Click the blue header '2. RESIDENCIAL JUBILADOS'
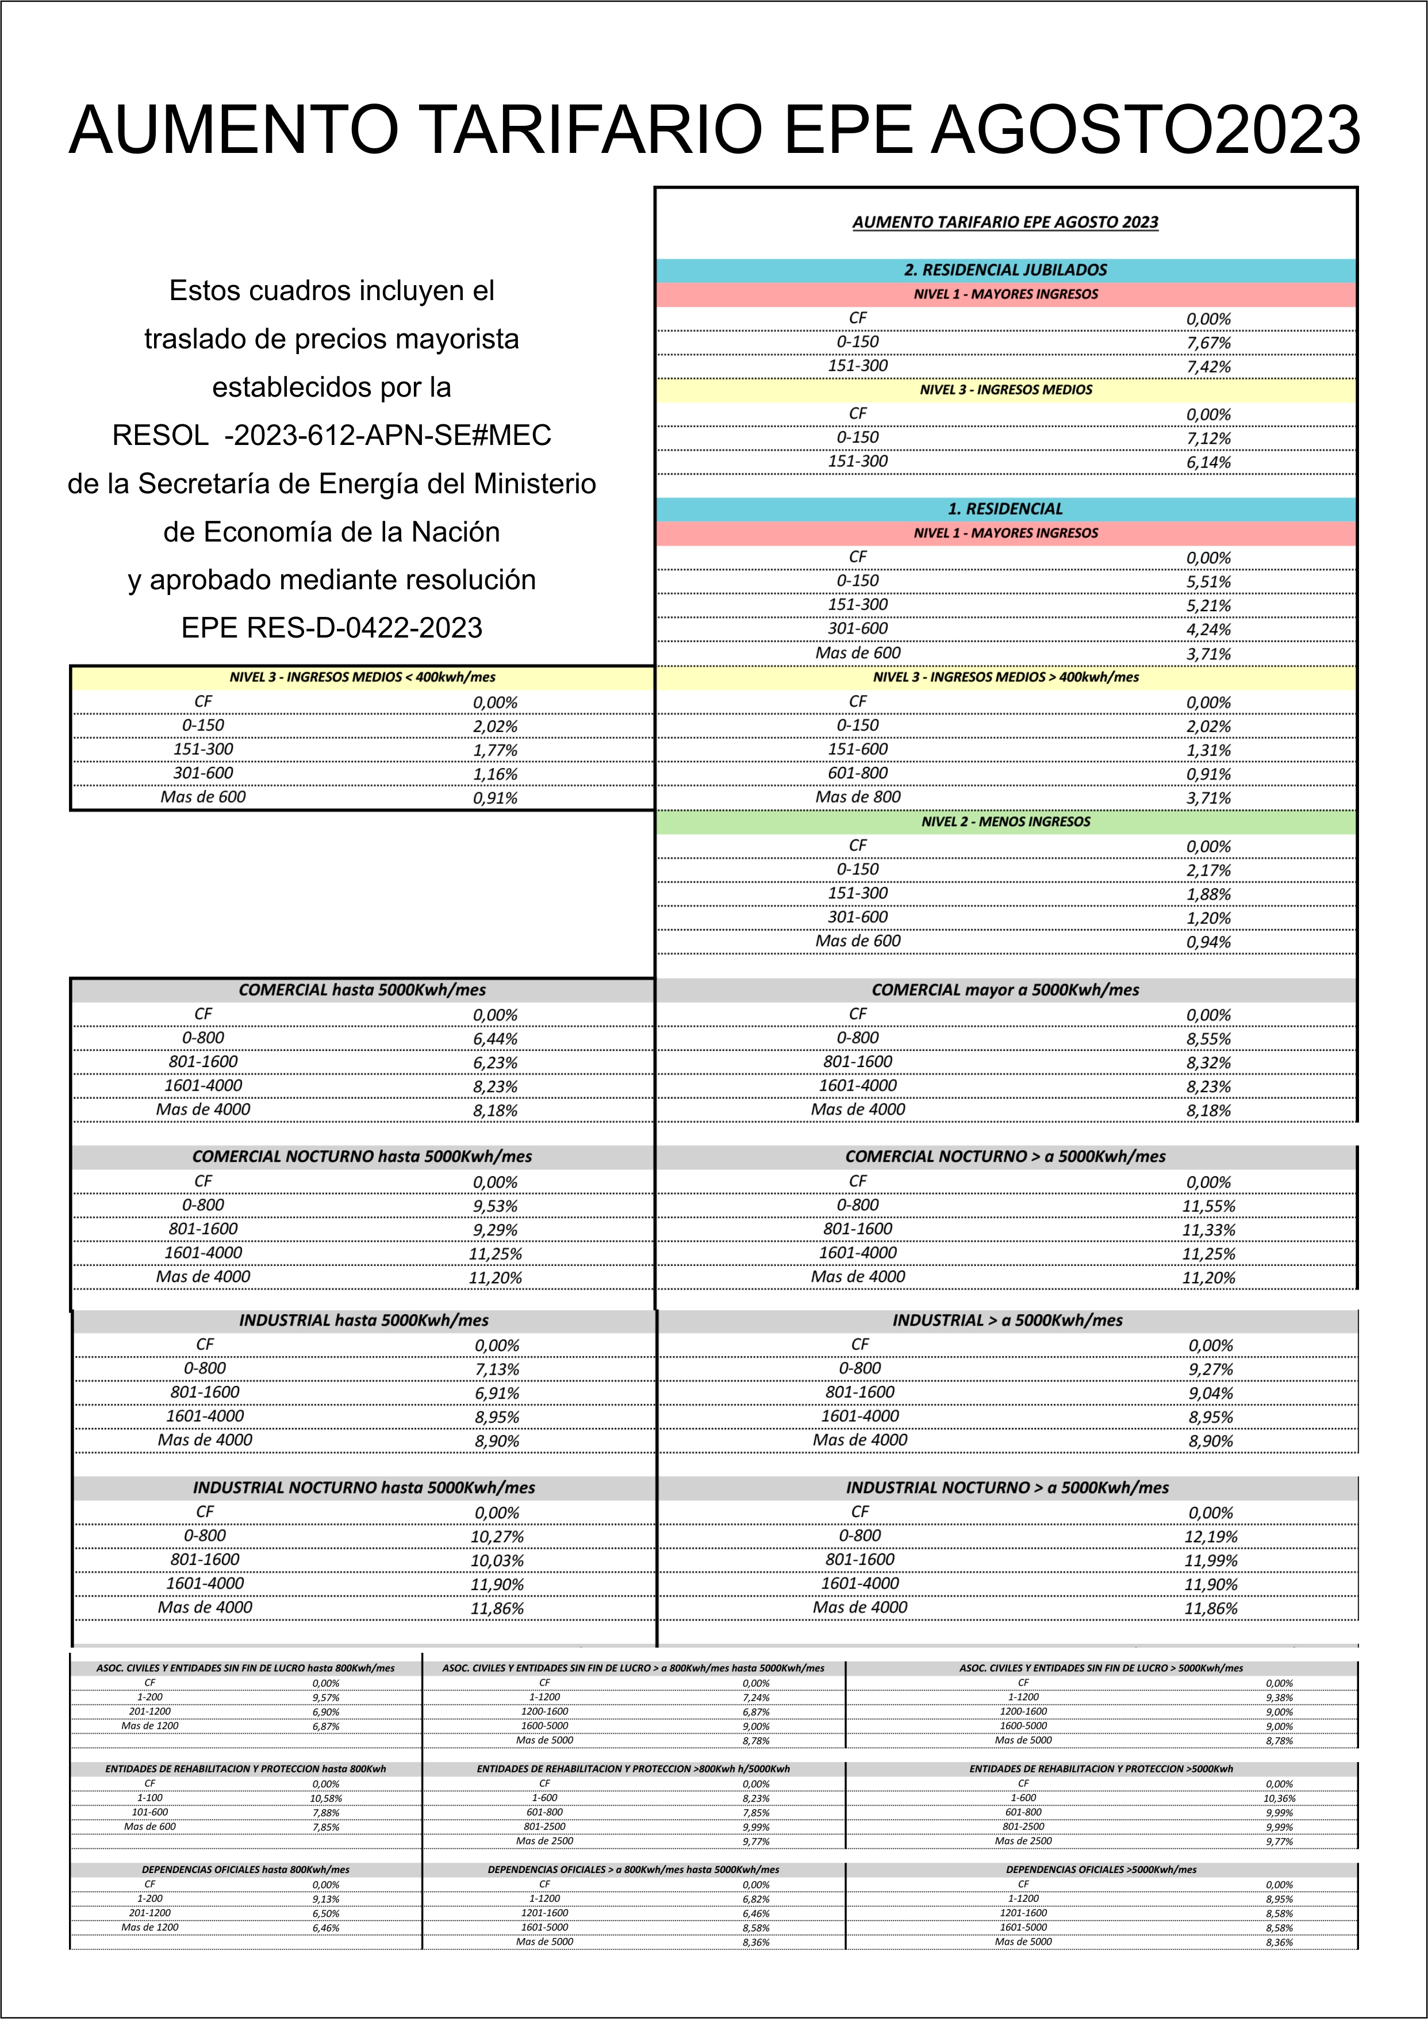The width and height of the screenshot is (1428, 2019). (1005, 270)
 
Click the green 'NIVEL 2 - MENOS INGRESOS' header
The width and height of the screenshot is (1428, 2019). (1005, 822)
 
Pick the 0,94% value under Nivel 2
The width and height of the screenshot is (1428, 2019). (1208, 942)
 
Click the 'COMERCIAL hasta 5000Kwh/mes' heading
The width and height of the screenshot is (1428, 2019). (362, 990)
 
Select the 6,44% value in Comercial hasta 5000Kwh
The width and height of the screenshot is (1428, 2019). (495, 1038)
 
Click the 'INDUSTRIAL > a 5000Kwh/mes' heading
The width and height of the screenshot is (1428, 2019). (1007, 1320)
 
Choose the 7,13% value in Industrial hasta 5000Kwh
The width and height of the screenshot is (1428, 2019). (497, 1369)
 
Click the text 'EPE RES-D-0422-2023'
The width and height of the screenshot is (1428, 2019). (332, 628)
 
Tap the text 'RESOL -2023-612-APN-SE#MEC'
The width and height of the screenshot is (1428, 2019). (332, 435)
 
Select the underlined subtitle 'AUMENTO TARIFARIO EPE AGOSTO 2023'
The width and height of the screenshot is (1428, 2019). (1005, 222)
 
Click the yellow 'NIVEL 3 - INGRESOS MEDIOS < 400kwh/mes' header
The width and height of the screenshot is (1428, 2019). (362, 677)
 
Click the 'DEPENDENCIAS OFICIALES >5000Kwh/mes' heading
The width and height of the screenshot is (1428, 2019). (1101, 1870)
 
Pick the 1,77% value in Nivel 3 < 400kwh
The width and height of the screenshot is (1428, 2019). (495, 750)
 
